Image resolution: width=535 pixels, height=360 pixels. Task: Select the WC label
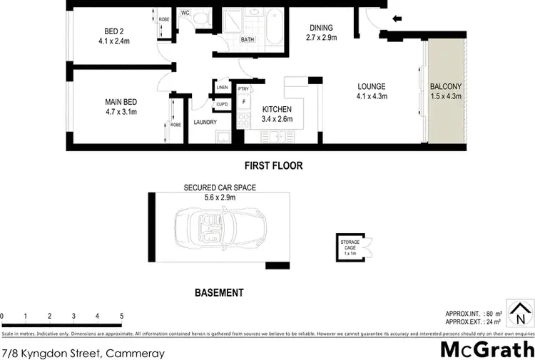point(185,13)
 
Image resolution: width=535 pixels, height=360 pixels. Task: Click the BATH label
point(248,40)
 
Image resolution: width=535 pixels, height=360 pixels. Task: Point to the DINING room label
point(320,28)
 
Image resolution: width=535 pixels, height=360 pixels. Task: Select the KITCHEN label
point(277,108)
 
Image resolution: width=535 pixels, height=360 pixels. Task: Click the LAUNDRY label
point(205,122)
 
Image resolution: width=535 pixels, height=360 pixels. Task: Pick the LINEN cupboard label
point(222,87)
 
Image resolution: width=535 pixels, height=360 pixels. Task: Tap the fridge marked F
point(245,102)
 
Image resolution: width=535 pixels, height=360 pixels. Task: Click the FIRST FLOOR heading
point(273,165)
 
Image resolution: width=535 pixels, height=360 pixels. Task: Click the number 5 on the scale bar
point(121,315)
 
